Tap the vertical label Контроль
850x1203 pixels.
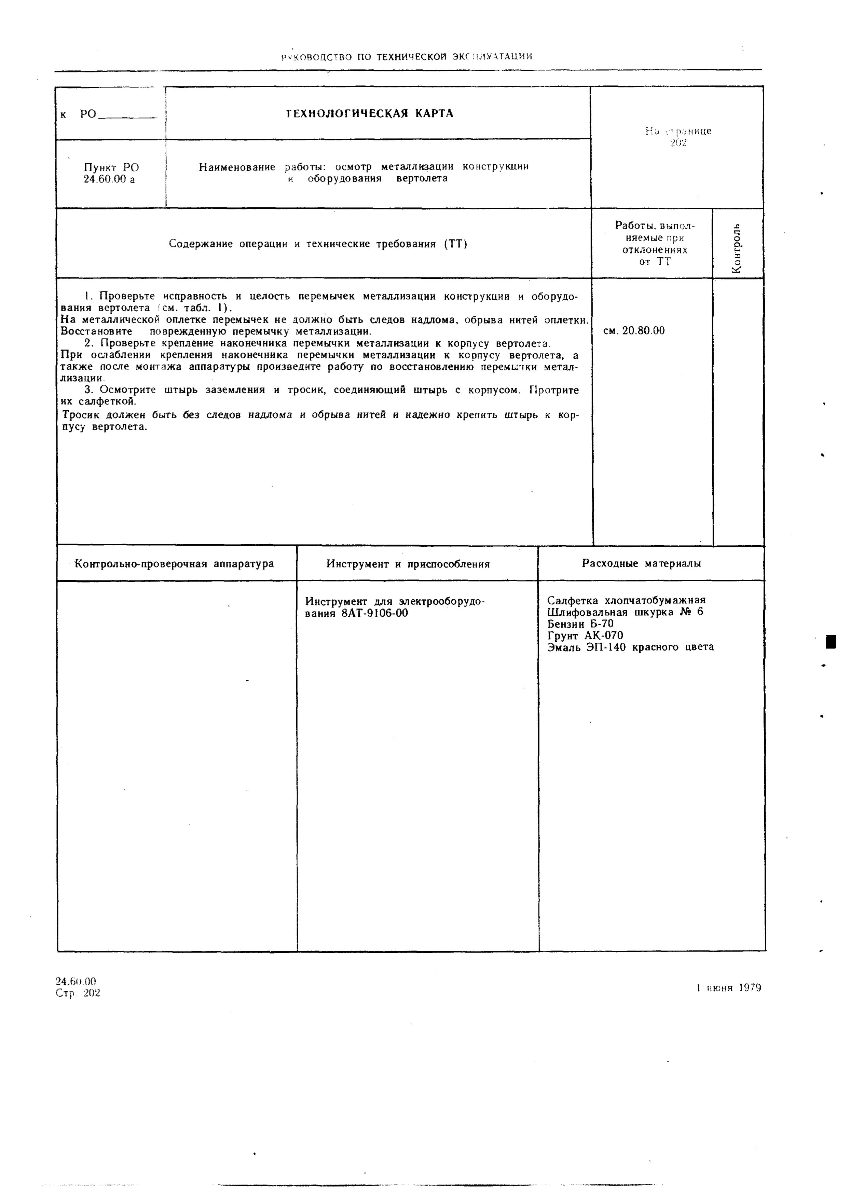pyautogui.click(x=737, y=248)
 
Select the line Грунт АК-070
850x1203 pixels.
pyautogui.click(x=585, y=635)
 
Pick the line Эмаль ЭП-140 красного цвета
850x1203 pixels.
pyautogui.click(x=630, y=647)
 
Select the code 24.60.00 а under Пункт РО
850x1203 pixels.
pyautogui.click(x=109, y=180)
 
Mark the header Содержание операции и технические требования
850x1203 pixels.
pyautogui.click(x=318, y=244)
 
